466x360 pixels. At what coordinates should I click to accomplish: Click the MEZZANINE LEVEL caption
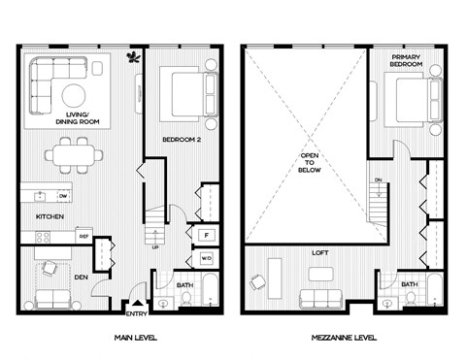coord(342,339)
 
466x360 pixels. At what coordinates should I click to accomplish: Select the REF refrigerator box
coord(83,236)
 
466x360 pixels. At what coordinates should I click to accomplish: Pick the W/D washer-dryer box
coord(206,259)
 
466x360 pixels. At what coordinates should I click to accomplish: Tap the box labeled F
coord(206,235)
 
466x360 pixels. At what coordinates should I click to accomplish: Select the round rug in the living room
coord(74,95)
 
